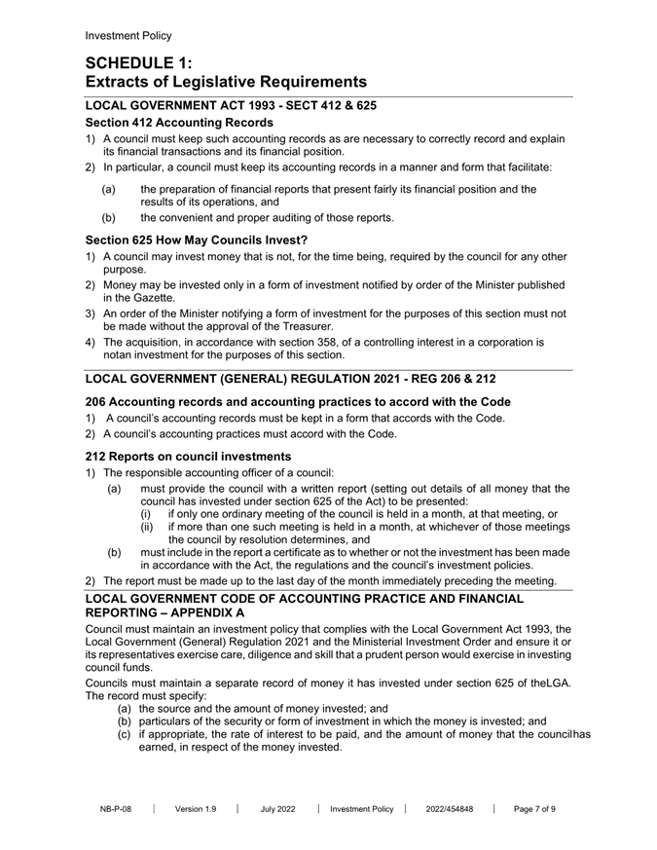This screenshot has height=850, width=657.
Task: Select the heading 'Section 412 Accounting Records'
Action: (179, 123)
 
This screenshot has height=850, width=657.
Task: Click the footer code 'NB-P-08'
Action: (116, 808)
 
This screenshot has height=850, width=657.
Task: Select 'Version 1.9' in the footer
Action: (196, 808)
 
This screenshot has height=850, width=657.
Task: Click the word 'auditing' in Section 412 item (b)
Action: (291, 218)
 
